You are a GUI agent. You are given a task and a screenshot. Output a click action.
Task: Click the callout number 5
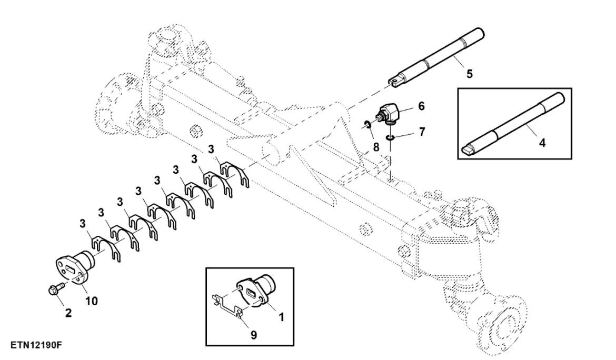[469, 73]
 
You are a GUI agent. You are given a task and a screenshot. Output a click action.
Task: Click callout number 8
[375, 147]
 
